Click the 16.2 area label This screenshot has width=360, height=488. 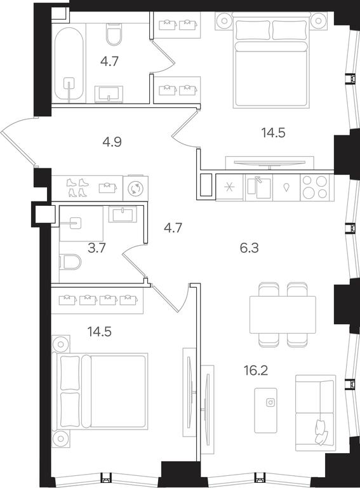tap(256, 370)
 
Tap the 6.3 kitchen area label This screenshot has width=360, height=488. tap(250, 248)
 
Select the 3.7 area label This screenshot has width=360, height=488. tap(97, 248)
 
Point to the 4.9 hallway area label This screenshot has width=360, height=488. tap(112, 142)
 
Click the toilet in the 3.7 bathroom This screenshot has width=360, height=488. tap(70, 262)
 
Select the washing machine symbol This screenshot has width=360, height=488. tap(135, 189)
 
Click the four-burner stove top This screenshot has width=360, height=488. tap(315, 187)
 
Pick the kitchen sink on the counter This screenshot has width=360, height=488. tap(258, 187)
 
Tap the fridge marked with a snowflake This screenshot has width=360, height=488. tap(230, 187)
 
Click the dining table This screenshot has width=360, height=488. tap(283, 315)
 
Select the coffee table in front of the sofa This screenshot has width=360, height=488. tap(265, 410)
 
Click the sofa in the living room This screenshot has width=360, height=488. tap(315, 412)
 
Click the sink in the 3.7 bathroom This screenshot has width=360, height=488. tap(123, 214)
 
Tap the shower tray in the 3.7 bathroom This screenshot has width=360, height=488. tap(81, 223)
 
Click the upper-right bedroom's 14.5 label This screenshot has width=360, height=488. tap(273, 133)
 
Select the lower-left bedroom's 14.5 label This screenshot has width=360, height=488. tap(99, 332)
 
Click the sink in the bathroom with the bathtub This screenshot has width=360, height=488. tap(109, 93)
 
